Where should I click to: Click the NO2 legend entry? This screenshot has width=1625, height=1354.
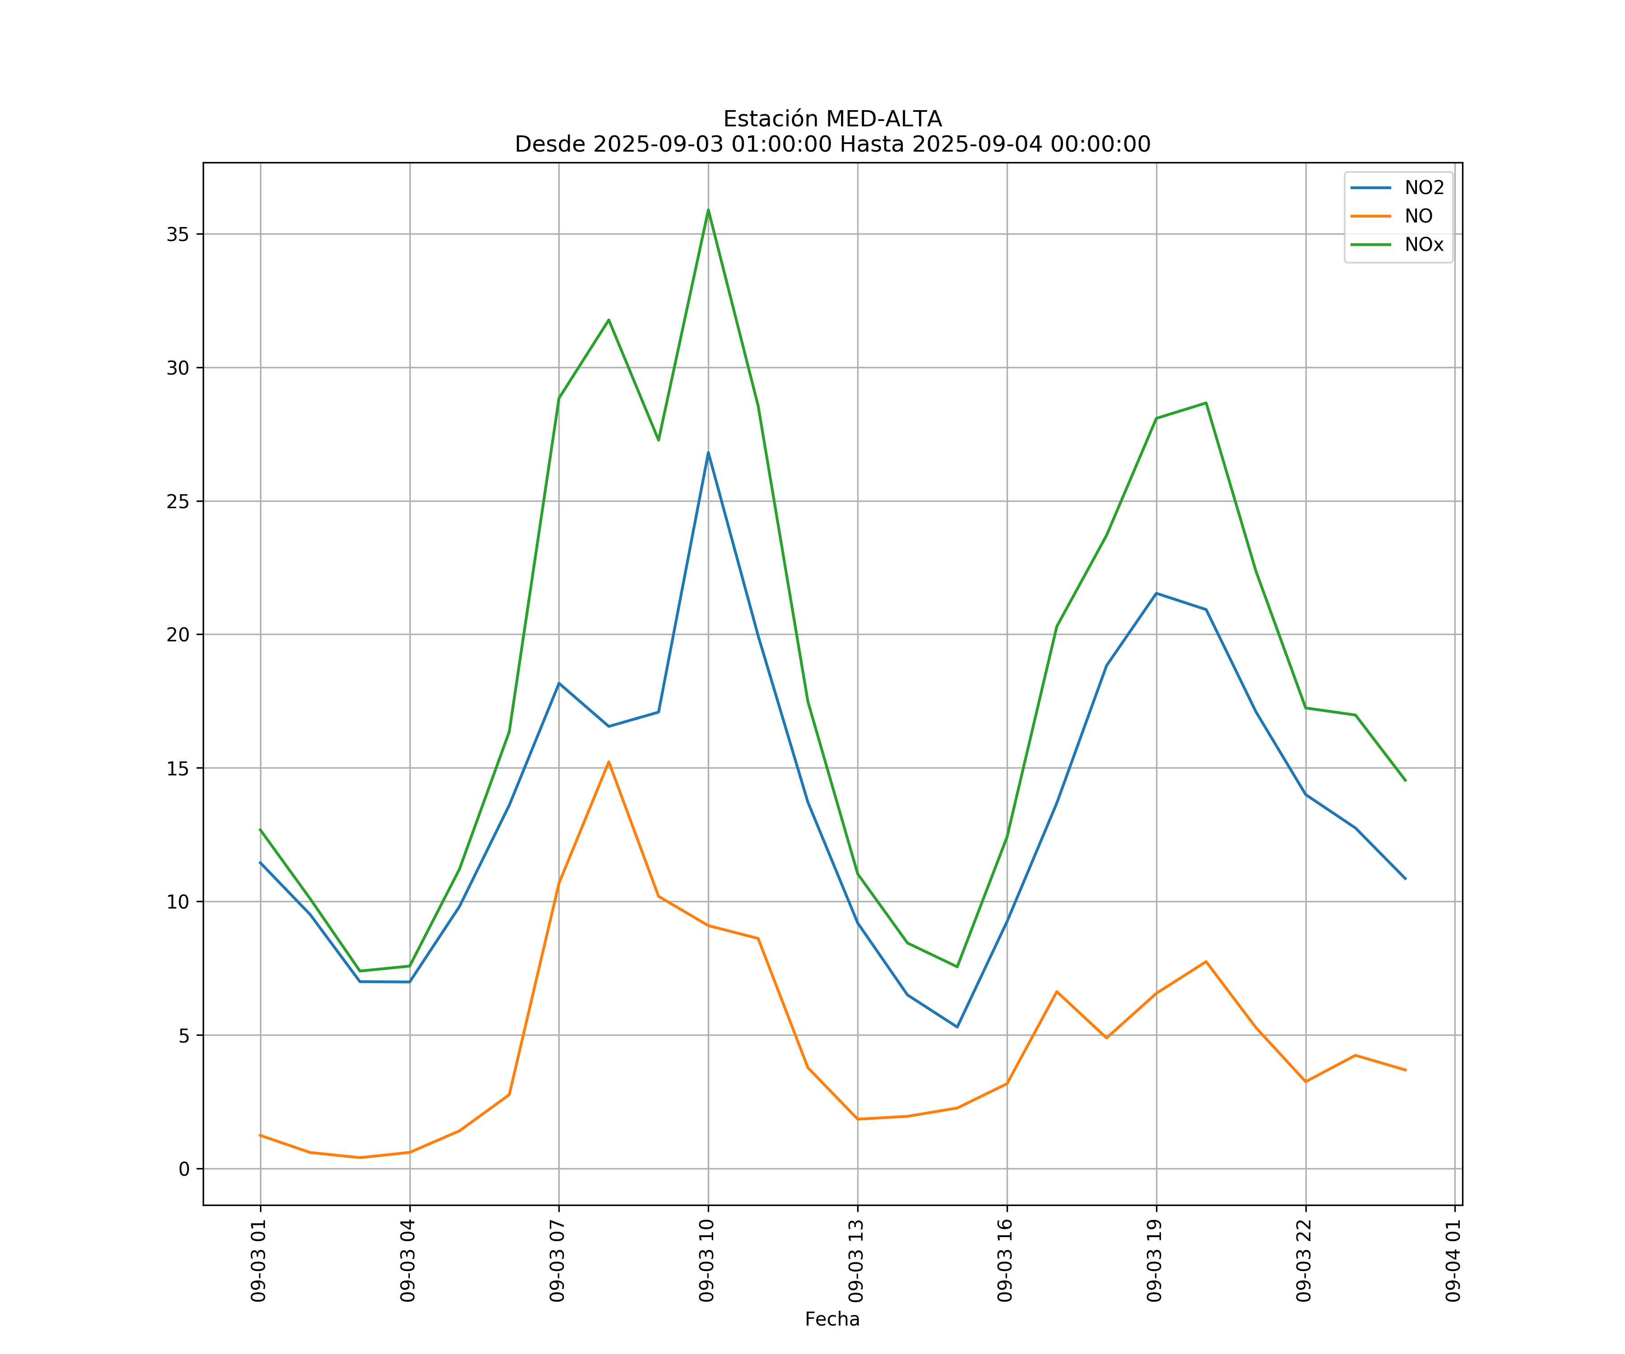click(1424, 188)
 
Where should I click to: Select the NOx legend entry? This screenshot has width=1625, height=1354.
click(1424, 245)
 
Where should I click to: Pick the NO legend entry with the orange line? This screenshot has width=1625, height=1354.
click(1418, 217)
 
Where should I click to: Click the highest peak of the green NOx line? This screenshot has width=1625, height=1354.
click(708, 210)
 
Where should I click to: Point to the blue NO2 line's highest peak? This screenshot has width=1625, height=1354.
click(708, 453)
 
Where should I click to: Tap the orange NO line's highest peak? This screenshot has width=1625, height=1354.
click(609, 762)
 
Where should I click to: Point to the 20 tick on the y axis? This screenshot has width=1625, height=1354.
click(178, 635)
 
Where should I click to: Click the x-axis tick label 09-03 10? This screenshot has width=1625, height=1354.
click(706, 1261)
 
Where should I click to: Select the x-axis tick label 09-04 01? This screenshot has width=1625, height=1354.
click(1453, 1261)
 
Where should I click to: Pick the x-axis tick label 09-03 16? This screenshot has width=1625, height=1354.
click(1005, 1261)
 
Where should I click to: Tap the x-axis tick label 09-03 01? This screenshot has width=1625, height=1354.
click(259, 1261)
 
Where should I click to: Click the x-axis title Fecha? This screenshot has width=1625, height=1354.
click(832, 1319)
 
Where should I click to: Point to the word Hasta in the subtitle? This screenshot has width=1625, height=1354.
click(871, 145)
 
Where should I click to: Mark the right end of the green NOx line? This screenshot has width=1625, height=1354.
click(1405, 781)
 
